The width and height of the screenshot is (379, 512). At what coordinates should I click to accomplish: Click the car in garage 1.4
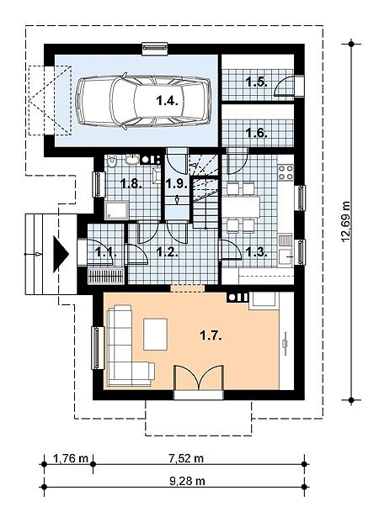point(143,102)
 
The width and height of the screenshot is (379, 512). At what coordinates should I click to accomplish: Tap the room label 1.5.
point(257,82)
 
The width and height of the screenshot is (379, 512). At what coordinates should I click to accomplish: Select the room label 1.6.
point(257,133)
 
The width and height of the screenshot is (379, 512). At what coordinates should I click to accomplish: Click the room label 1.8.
point(131,183)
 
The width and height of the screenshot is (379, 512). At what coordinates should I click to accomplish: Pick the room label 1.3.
point(257,251)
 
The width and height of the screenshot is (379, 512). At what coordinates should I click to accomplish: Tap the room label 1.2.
point(167,251)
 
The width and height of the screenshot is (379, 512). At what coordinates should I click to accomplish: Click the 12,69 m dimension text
point(345,222)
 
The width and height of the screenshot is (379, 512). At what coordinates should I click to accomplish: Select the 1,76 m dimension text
point(71,458)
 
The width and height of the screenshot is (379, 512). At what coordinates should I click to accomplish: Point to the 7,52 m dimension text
point(186,458)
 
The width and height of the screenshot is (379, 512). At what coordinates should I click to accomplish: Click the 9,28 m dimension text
point(187,481)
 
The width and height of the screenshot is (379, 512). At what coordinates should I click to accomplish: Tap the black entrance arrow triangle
point(61,254)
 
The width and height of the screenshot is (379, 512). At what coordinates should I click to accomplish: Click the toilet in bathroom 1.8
point(112,161)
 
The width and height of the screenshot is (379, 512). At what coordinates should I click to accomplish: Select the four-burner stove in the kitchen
point(286,172)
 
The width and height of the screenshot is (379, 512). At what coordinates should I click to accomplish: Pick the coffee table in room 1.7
point(156,334)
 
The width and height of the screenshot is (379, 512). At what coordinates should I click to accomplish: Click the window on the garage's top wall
point(155,48)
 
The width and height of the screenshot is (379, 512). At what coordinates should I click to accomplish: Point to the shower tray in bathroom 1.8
point(116,210)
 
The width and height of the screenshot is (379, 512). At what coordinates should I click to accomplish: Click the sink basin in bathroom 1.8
point(132,160)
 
